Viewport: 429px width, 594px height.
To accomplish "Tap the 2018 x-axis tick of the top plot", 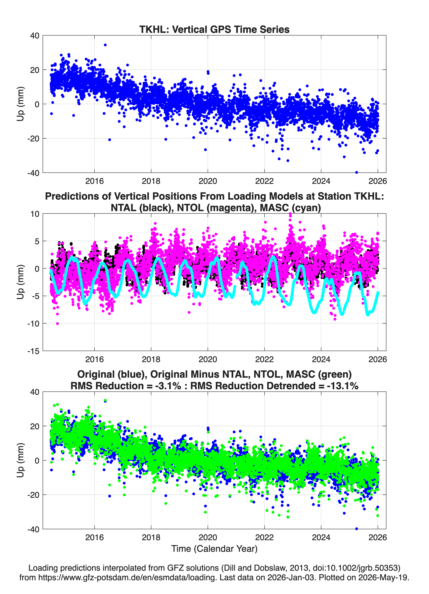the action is [x=151, y=181].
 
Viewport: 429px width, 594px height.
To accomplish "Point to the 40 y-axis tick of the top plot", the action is [x=35, y=36].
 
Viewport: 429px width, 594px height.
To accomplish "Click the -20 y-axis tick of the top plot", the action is [x=33, y=138].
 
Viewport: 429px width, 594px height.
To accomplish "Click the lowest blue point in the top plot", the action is [x=357, y=172].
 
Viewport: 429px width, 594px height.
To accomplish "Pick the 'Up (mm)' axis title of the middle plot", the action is [x=21, y=282].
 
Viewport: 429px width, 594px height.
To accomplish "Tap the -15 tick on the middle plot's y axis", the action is [x=33, y=351].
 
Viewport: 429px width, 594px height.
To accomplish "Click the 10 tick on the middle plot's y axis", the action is [x=35, y=214].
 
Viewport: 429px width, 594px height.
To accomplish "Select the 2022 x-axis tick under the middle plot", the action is [x=264, y=359].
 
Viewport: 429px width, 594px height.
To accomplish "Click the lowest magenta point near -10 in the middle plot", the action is [x=58, y=324].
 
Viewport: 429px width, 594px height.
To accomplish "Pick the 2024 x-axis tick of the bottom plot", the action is [x=321, y=537].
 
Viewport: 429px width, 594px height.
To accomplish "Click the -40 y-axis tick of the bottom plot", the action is [x=33, y=529].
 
